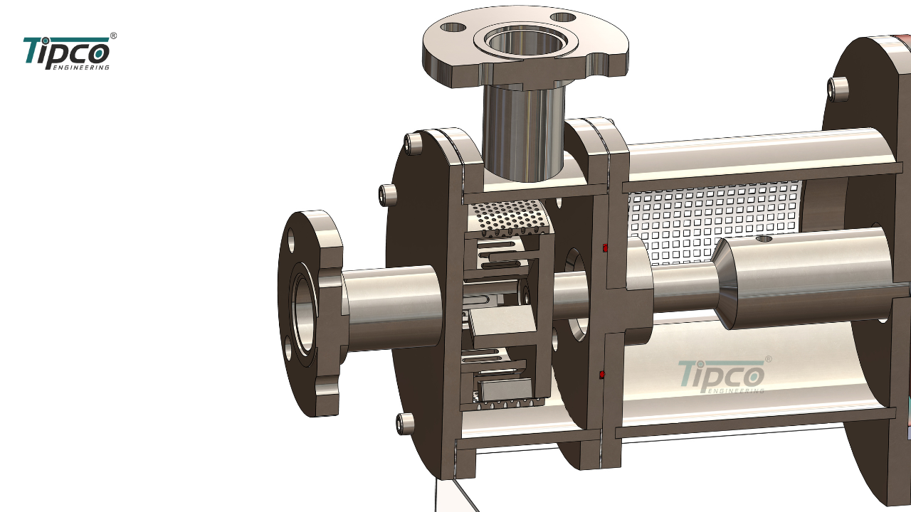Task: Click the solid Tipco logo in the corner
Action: coord(67,53)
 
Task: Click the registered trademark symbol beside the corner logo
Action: coord(113,36)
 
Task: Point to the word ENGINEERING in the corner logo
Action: coord(81,68)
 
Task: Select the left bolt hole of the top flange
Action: coord(453,28)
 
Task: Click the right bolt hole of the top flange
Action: coord(563,18)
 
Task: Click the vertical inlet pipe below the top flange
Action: coord(524,130)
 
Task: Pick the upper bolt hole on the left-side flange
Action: coord(291,240)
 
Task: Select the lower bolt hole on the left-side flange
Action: coord(288,348)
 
